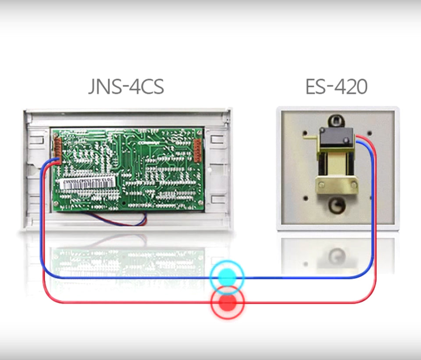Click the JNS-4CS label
pos(126,86)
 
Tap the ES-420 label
pos(336,86)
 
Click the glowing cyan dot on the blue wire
pos(227,277)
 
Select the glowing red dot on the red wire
pos(227,302)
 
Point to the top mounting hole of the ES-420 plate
pos(336,120)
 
